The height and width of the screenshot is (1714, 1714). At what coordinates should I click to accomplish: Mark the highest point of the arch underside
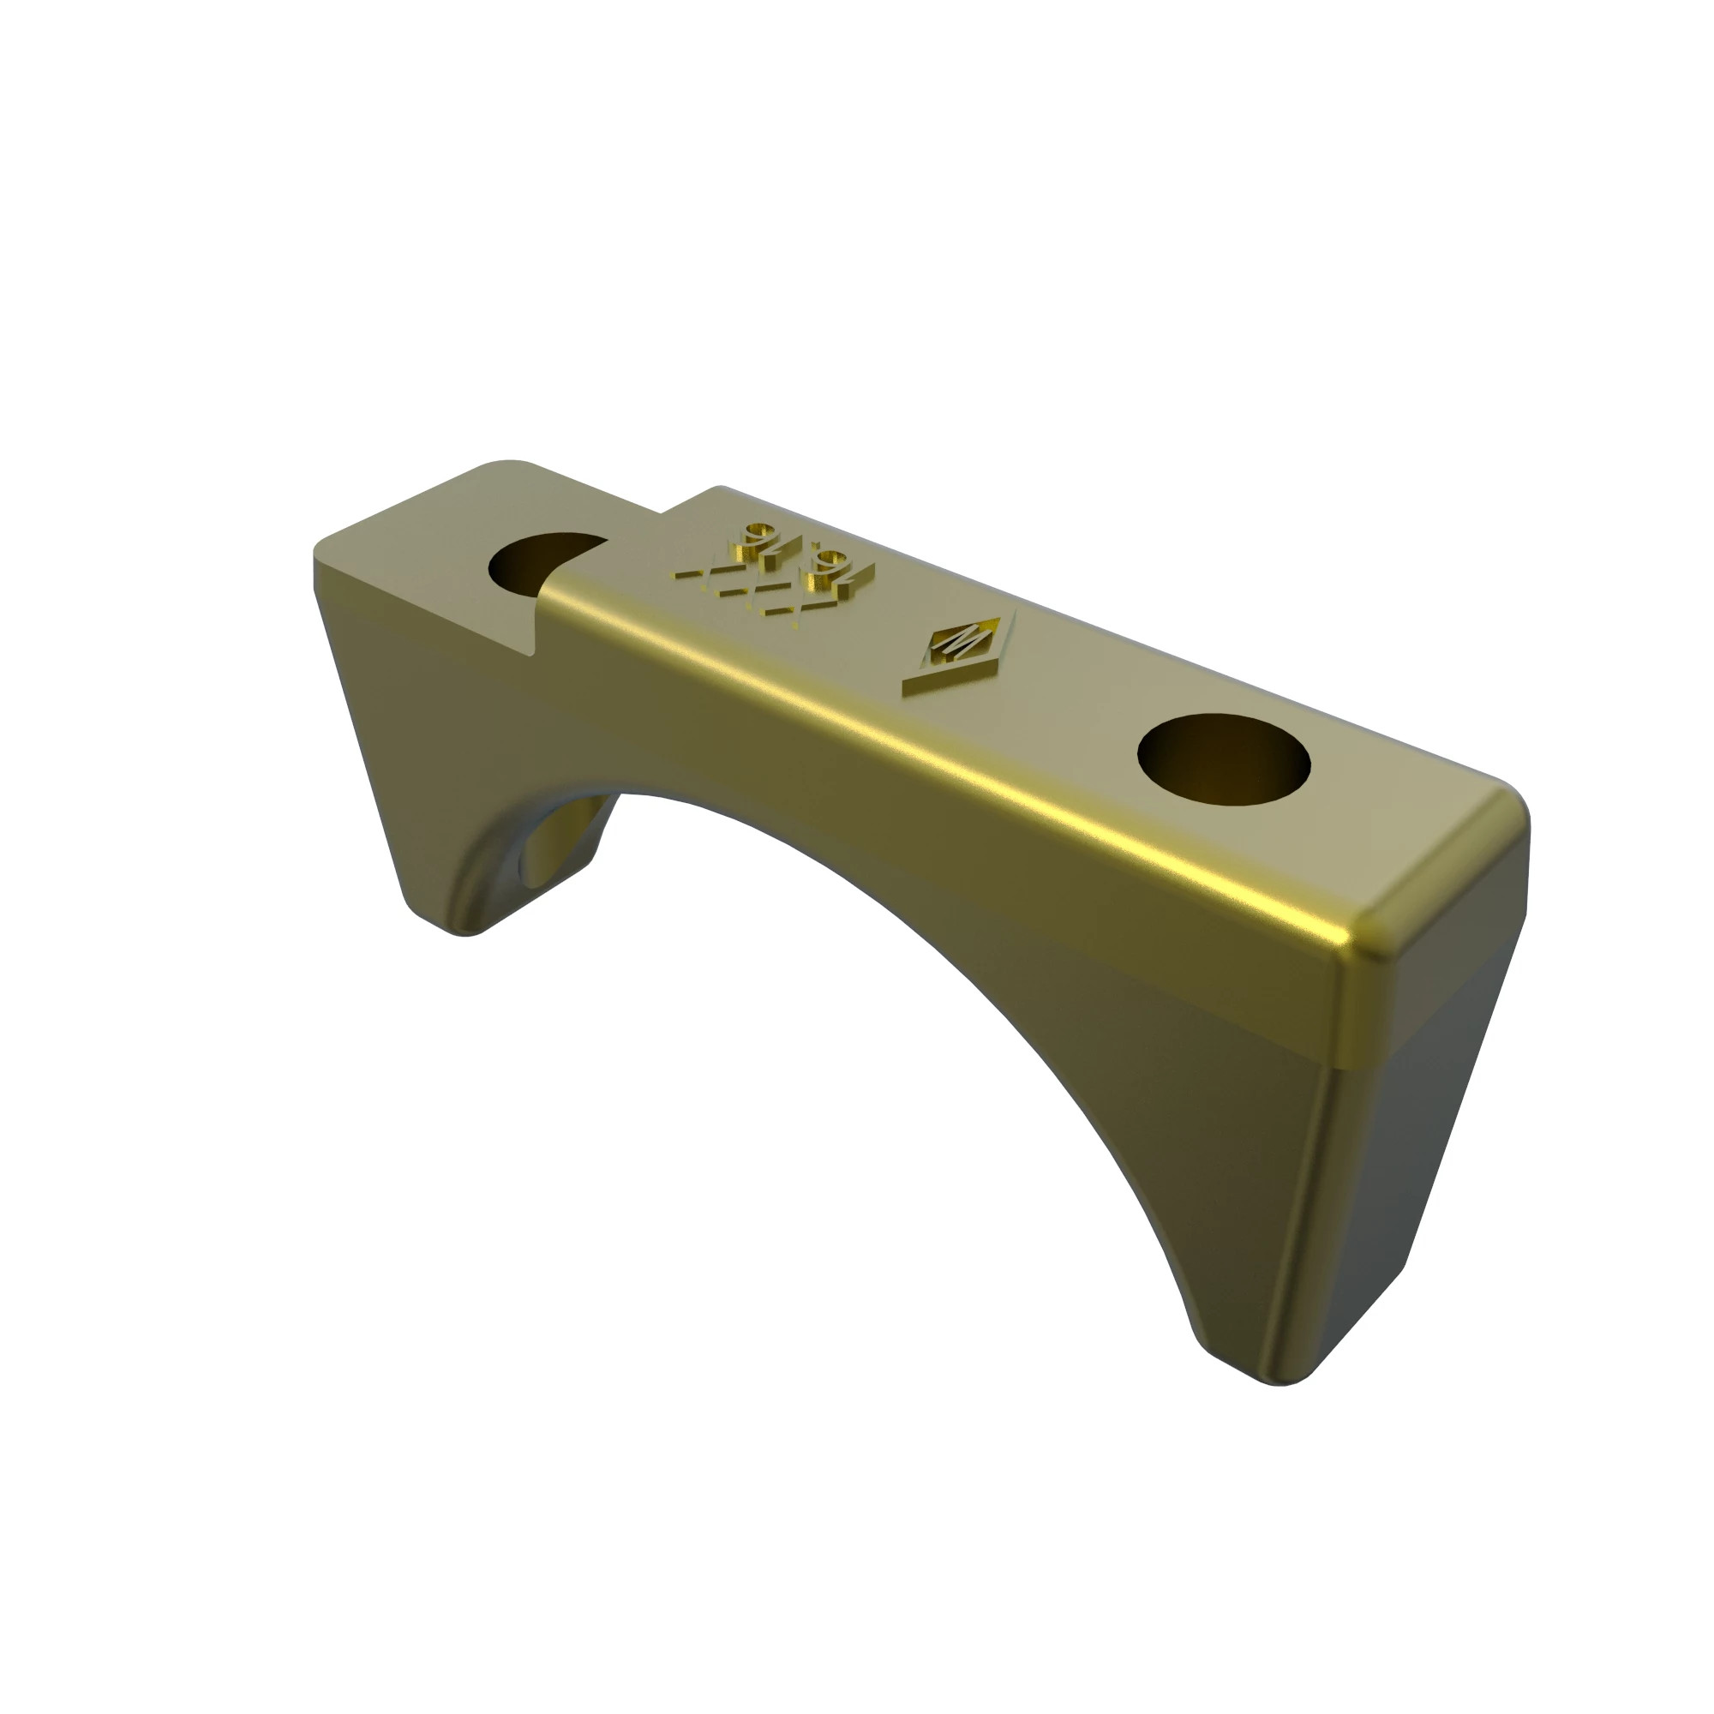674,794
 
